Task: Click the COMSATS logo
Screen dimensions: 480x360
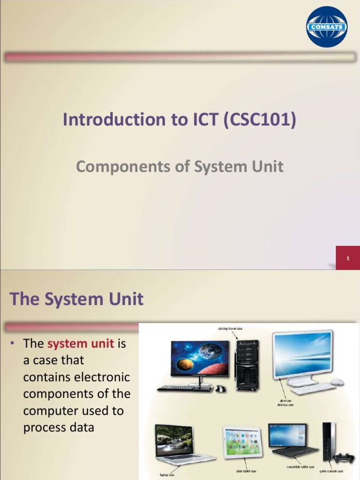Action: tap(327, 27)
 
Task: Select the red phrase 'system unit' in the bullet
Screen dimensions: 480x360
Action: tap(81, 344)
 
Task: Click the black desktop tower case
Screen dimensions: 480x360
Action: tap(247, 365)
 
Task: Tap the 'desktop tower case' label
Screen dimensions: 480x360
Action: tap(230, 329)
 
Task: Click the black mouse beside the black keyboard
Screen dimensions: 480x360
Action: tap(220, 389)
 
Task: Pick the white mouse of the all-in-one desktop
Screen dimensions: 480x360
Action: tap(337, 382)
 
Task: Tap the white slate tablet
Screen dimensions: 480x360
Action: tap(242, 442)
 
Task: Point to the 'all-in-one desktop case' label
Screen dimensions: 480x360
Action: tap(285, 403)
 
